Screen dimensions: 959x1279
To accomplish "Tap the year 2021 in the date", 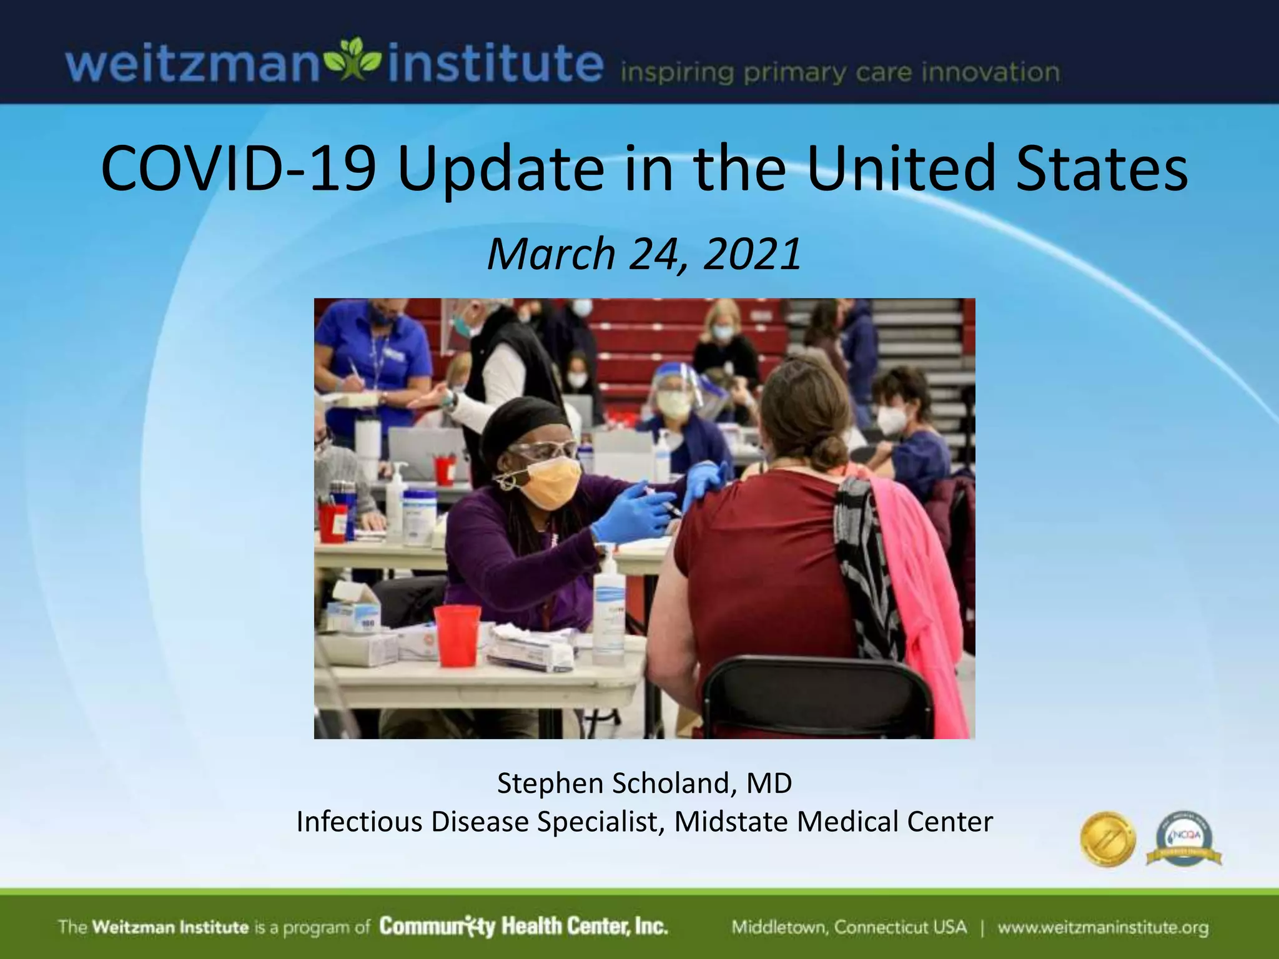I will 752,254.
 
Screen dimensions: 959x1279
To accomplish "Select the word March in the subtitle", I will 551,254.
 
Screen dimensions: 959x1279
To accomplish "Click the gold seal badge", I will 1108,839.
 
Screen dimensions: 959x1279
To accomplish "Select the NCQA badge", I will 1184,839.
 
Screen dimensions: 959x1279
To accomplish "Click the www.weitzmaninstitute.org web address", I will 1103,927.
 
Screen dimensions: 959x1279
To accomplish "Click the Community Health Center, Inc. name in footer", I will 523,926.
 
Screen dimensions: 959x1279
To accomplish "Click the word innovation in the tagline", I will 990,73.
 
